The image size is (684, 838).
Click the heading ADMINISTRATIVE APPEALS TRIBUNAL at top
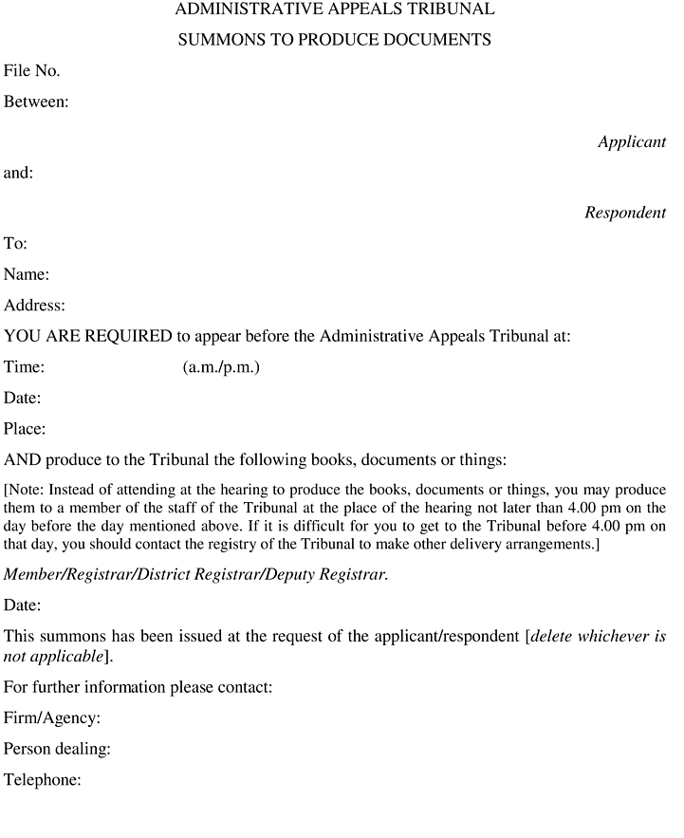click(x=335, y=10)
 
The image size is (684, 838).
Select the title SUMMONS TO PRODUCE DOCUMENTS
click(x=335, y=40)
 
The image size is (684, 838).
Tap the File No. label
click(x=32, y=70)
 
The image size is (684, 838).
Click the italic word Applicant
click(x=631, y=142)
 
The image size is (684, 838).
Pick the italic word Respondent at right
click(x=624, y=213)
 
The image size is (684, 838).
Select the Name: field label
click(x=27, y=275)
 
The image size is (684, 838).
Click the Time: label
click(x=25, y=367)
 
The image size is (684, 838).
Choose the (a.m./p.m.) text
click(x=220, y=367)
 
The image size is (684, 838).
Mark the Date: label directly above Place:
click(x=23, y=399)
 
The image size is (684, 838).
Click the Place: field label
click(x=25, y=429)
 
